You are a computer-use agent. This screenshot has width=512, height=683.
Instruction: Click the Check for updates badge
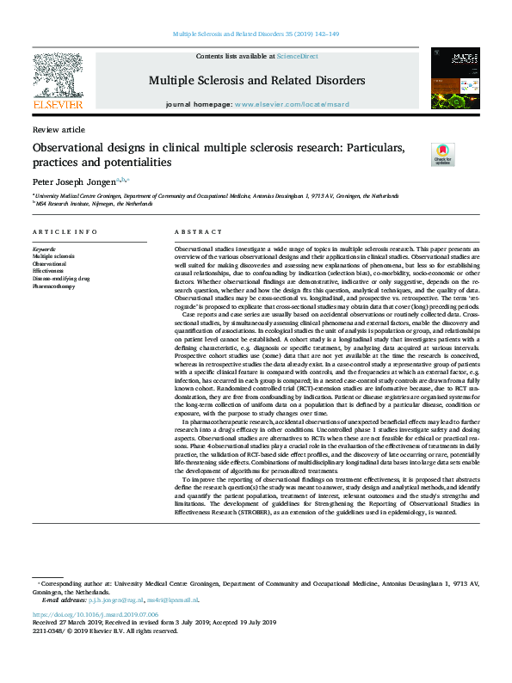[442, 154]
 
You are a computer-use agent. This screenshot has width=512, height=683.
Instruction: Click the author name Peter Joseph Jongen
[77, 183]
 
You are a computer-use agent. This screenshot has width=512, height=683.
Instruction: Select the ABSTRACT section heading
[199, 233]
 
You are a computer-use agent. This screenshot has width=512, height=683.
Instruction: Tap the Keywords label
[46, 249]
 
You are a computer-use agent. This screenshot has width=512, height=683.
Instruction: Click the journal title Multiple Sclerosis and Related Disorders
[256, 81]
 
